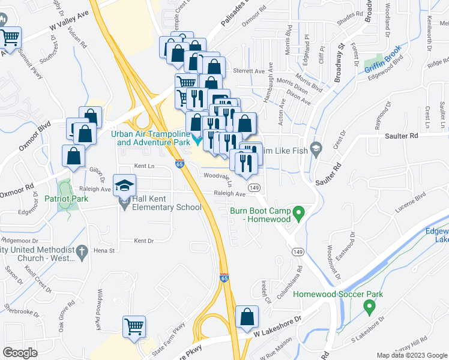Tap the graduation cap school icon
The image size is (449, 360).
(x=125, y=185)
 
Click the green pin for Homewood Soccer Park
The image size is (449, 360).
(x=369, y=307)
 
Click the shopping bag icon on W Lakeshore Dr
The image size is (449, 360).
(x=247, y=317)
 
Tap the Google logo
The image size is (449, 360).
(x=20, y=353)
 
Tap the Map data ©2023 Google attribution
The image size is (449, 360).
(x=411, y=355)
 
